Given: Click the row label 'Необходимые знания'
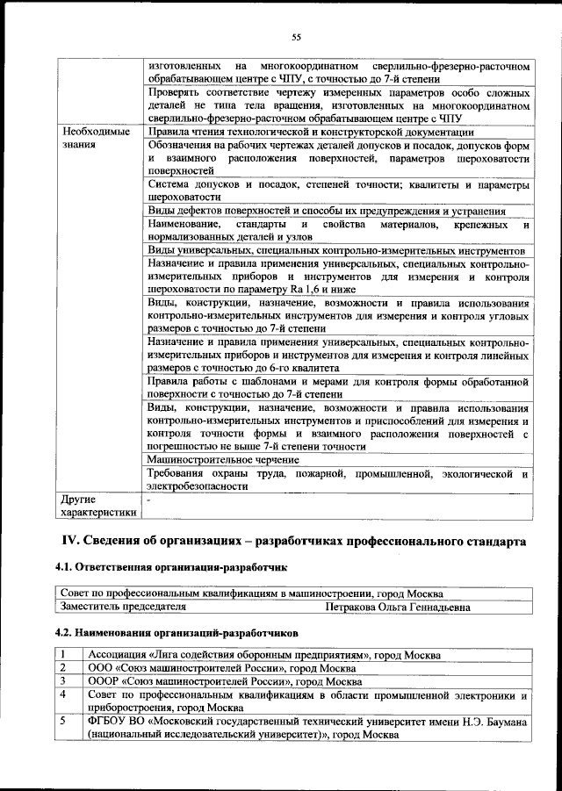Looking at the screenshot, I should pyautogui.click(x=92, y=139).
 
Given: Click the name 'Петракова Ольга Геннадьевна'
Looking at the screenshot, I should pyautogui.click(x=397, y=607).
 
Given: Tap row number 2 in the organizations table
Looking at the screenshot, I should pyautogui.click(x=65, y=669).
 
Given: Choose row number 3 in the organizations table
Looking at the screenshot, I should pyautogui.click(x=65, y=682).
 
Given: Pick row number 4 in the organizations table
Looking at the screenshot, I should pyautogui.click(x=65, y=695).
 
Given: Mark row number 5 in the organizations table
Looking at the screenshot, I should pyautogui.click(x=65, y=721).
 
